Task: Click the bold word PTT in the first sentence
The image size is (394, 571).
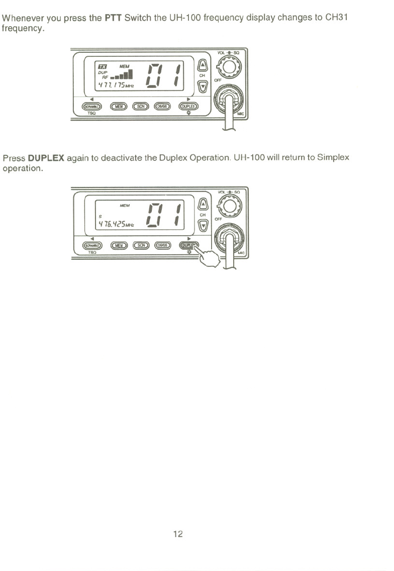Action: [113, 19]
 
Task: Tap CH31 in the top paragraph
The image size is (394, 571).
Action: [336, 19]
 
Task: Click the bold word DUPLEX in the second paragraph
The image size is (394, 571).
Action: [46, 158]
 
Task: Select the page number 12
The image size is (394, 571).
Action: [177, 534]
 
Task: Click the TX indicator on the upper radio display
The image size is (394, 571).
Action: [103, 66]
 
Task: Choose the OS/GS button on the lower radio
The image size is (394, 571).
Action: [162, 245]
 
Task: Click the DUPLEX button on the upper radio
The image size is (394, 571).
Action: [189, 106]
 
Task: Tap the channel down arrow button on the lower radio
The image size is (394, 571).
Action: [202, 225]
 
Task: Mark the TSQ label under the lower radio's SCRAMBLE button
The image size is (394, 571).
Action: [92, 253]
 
